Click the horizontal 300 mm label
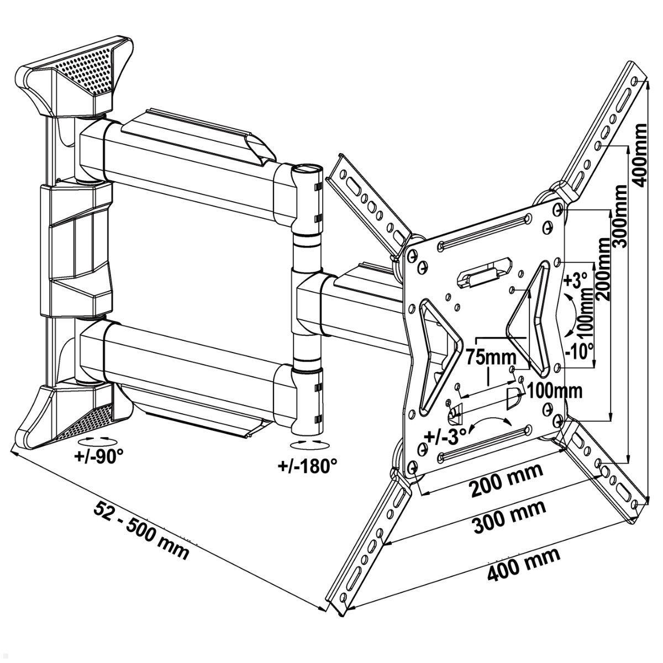[x=509, y=517]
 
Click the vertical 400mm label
[x=640, y=155]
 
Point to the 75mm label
[x=489, y=356]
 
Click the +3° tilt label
[x=574, y=280]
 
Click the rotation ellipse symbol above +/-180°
[x=308, y=445]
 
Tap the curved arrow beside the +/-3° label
[x=488, y=422]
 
